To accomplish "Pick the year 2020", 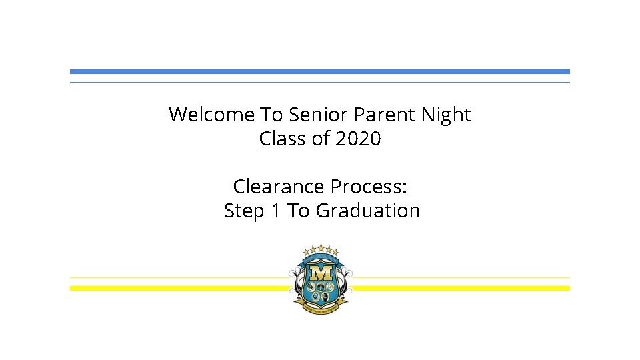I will point(358,139).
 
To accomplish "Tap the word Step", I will point(244,211).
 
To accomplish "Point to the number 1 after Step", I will point(275,211).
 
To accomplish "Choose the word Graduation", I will point(367,211).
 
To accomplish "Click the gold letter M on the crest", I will point(321,273).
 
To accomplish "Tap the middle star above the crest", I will point(321,247).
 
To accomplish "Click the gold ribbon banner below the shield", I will point(321,307).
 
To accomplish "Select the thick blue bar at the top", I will point(320,71).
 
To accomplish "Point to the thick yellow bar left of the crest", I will point(180,288).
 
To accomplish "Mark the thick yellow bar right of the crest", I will point(460,288).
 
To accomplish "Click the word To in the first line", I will point(271,115).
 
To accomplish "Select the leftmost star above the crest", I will point(307,252).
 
